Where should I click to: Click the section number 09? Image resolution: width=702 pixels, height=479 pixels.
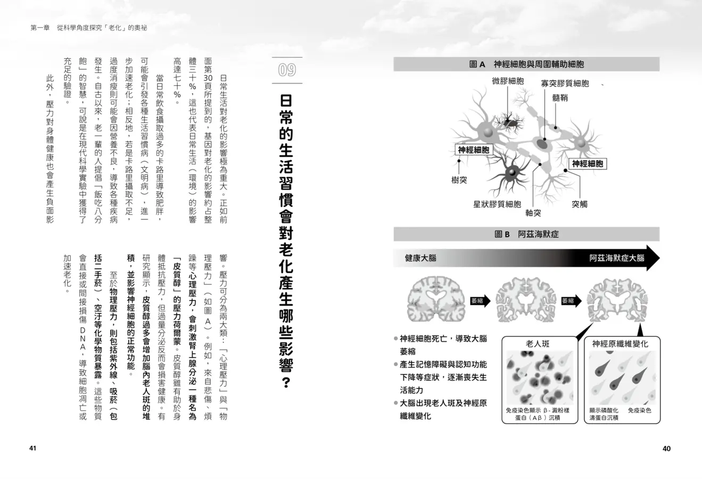[287, 70]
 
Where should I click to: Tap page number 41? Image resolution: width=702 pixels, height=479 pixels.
[33, 448]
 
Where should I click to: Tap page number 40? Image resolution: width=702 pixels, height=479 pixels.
[666, 449]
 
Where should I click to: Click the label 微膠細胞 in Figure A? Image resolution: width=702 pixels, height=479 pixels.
[508, 81]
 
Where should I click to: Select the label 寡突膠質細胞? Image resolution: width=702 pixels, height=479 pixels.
[565, 84]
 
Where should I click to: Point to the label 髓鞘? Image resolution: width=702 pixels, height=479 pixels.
[560, 98]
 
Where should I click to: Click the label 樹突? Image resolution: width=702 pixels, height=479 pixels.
[459, 180]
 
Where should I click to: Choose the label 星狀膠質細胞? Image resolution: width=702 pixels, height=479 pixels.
[497, 204]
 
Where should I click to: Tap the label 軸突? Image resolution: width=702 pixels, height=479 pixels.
[533, 213]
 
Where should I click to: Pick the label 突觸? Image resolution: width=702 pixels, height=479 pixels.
[580, 204]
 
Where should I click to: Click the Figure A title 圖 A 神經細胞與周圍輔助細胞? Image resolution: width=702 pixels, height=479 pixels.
[526, 64]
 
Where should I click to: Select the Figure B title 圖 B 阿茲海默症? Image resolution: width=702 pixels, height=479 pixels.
[526, 234]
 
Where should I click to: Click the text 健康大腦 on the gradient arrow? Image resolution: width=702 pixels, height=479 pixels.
[420, 258]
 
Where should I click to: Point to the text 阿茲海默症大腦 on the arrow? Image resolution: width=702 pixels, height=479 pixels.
[617, 258]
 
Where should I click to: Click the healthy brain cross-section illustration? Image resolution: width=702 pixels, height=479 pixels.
[435, 299]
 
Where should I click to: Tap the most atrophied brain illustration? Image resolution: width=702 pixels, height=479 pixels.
[617, 300]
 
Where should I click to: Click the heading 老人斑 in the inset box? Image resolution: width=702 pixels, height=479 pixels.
[538, 344]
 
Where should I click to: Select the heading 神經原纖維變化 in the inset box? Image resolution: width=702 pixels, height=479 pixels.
[620, 344]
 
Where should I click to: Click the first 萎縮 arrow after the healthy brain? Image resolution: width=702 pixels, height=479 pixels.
[480, 301]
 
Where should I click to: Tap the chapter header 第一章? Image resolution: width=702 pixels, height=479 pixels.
[40, 28]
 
